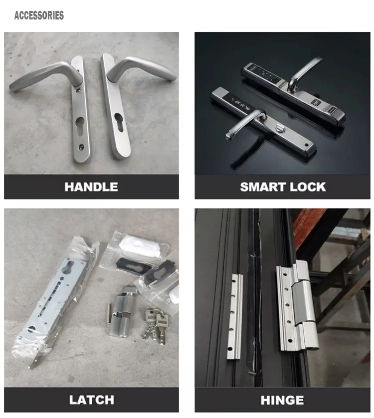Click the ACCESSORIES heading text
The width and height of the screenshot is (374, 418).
pyautogui.click(x=39, y=15)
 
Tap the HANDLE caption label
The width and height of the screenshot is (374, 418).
pyautogui.click(x=91, y=187)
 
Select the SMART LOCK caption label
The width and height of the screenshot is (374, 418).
pyautogui.click(x=283, y=187)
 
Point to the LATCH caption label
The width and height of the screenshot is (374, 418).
pyautogui.click(x=91, y=400)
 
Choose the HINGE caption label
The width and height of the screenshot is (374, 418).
pyautogui.click(x=282, y=400)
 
